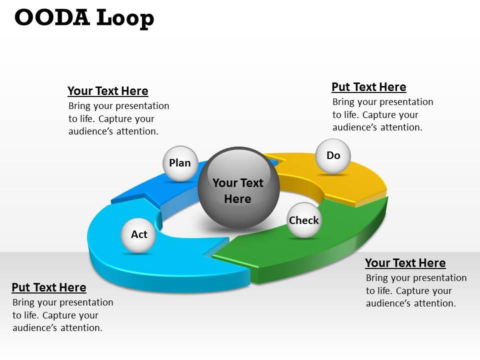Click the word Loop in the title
click(124, 18)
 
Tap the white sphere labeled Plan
click(180, 163)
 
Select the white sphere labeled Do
click(333, 156)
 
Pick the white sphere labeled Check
click(303, 220)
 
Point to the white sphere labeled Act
click(138, 234)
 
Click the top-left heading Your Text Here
click(107, 91)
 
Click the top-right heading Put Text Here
click(368, 87)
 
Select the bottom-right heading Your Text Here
click(405, 263)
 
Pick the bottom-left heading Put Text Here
click(48, 287)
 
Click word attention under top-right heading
click(401, 127)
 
